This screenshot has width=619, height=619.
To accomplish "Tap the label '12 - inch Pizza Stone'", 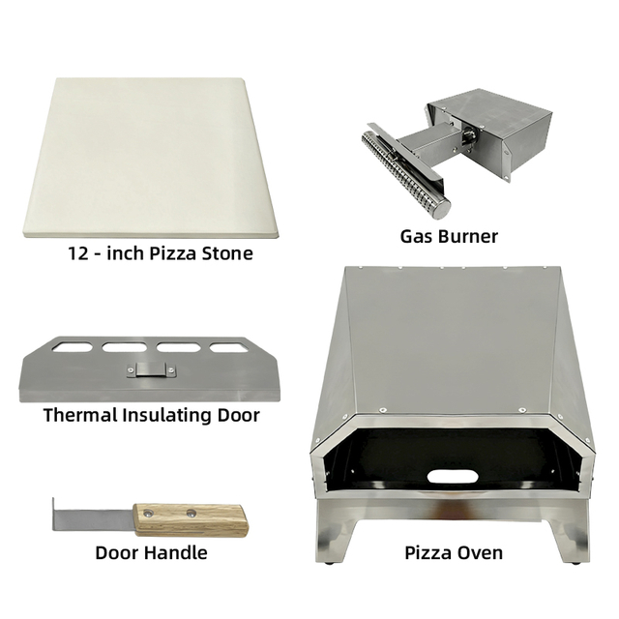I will point(161,253).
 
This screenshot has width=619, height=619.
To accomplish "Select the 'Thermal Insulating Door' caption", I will point(152,415).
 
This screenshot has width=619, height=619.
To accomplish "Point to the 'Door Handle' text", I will point(151,552).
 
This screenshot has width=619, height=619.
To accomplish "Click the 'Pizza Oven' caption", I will point(454,552).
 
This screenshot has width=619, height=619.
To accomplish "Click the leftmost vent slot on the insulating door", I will point(75,344).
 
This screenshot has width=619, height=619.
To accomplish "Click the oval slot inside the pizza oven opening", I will point(451,475).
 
